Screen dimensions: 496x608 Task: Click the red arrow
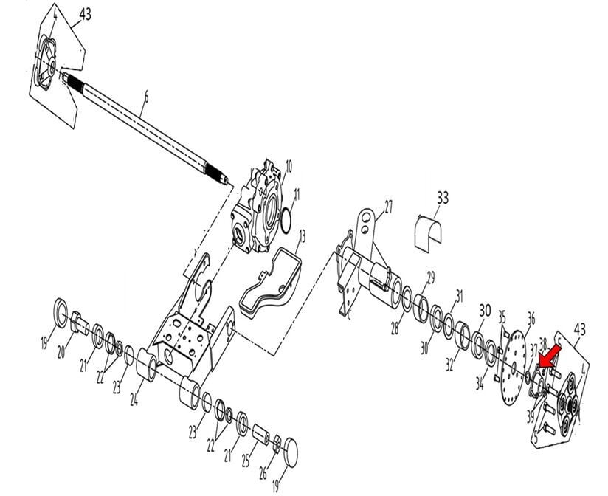(547, 359)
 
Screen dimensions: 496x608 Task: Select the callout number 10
(289, 165)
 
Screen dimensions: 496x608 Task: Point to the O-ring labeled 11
(285, 218)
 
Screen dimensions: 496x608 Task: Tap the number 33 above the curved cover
(443, 198)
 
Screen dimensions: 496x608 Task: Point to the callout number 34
(480, 382)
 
